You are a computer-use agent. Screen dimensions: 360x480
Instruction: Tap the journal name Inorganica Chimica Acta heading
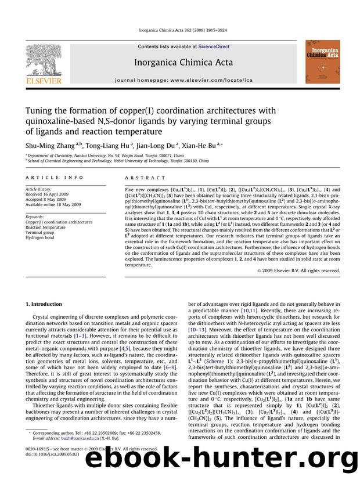tap(183, 63)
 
